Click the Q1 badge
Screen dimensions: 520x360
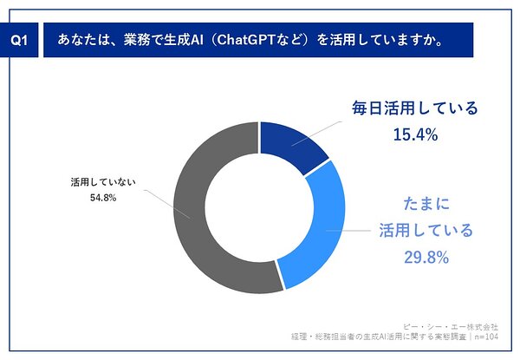(19, 40)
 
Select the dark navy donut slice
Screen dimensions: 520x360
(292, 146)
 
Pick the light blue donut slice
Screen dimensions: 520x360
(318, 229)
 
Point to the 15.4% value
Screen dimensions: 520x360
(415, 135)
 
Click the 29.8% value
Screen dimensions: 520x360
(426, 258)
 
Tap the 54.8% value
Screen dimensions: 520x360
(103, 198)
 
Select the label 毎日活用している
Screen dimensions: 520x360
(415, 108)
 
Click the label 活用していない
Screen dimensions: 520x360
(103, 182)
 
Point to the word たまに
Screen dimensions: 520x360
(426, 204)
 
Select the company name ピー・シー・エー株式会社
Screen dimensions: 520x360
(451, 327)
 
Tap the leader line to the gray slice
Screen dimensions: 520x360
(166, 204)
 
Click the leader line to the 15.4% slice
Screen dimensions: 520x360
(316, 134)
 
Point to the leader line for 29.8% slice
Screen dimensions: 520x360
(348, 230)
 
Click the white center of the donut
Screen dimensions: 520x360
(259, 207)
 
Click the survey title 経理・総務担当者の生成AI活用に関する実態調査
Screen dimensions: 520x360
(379, 337)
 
